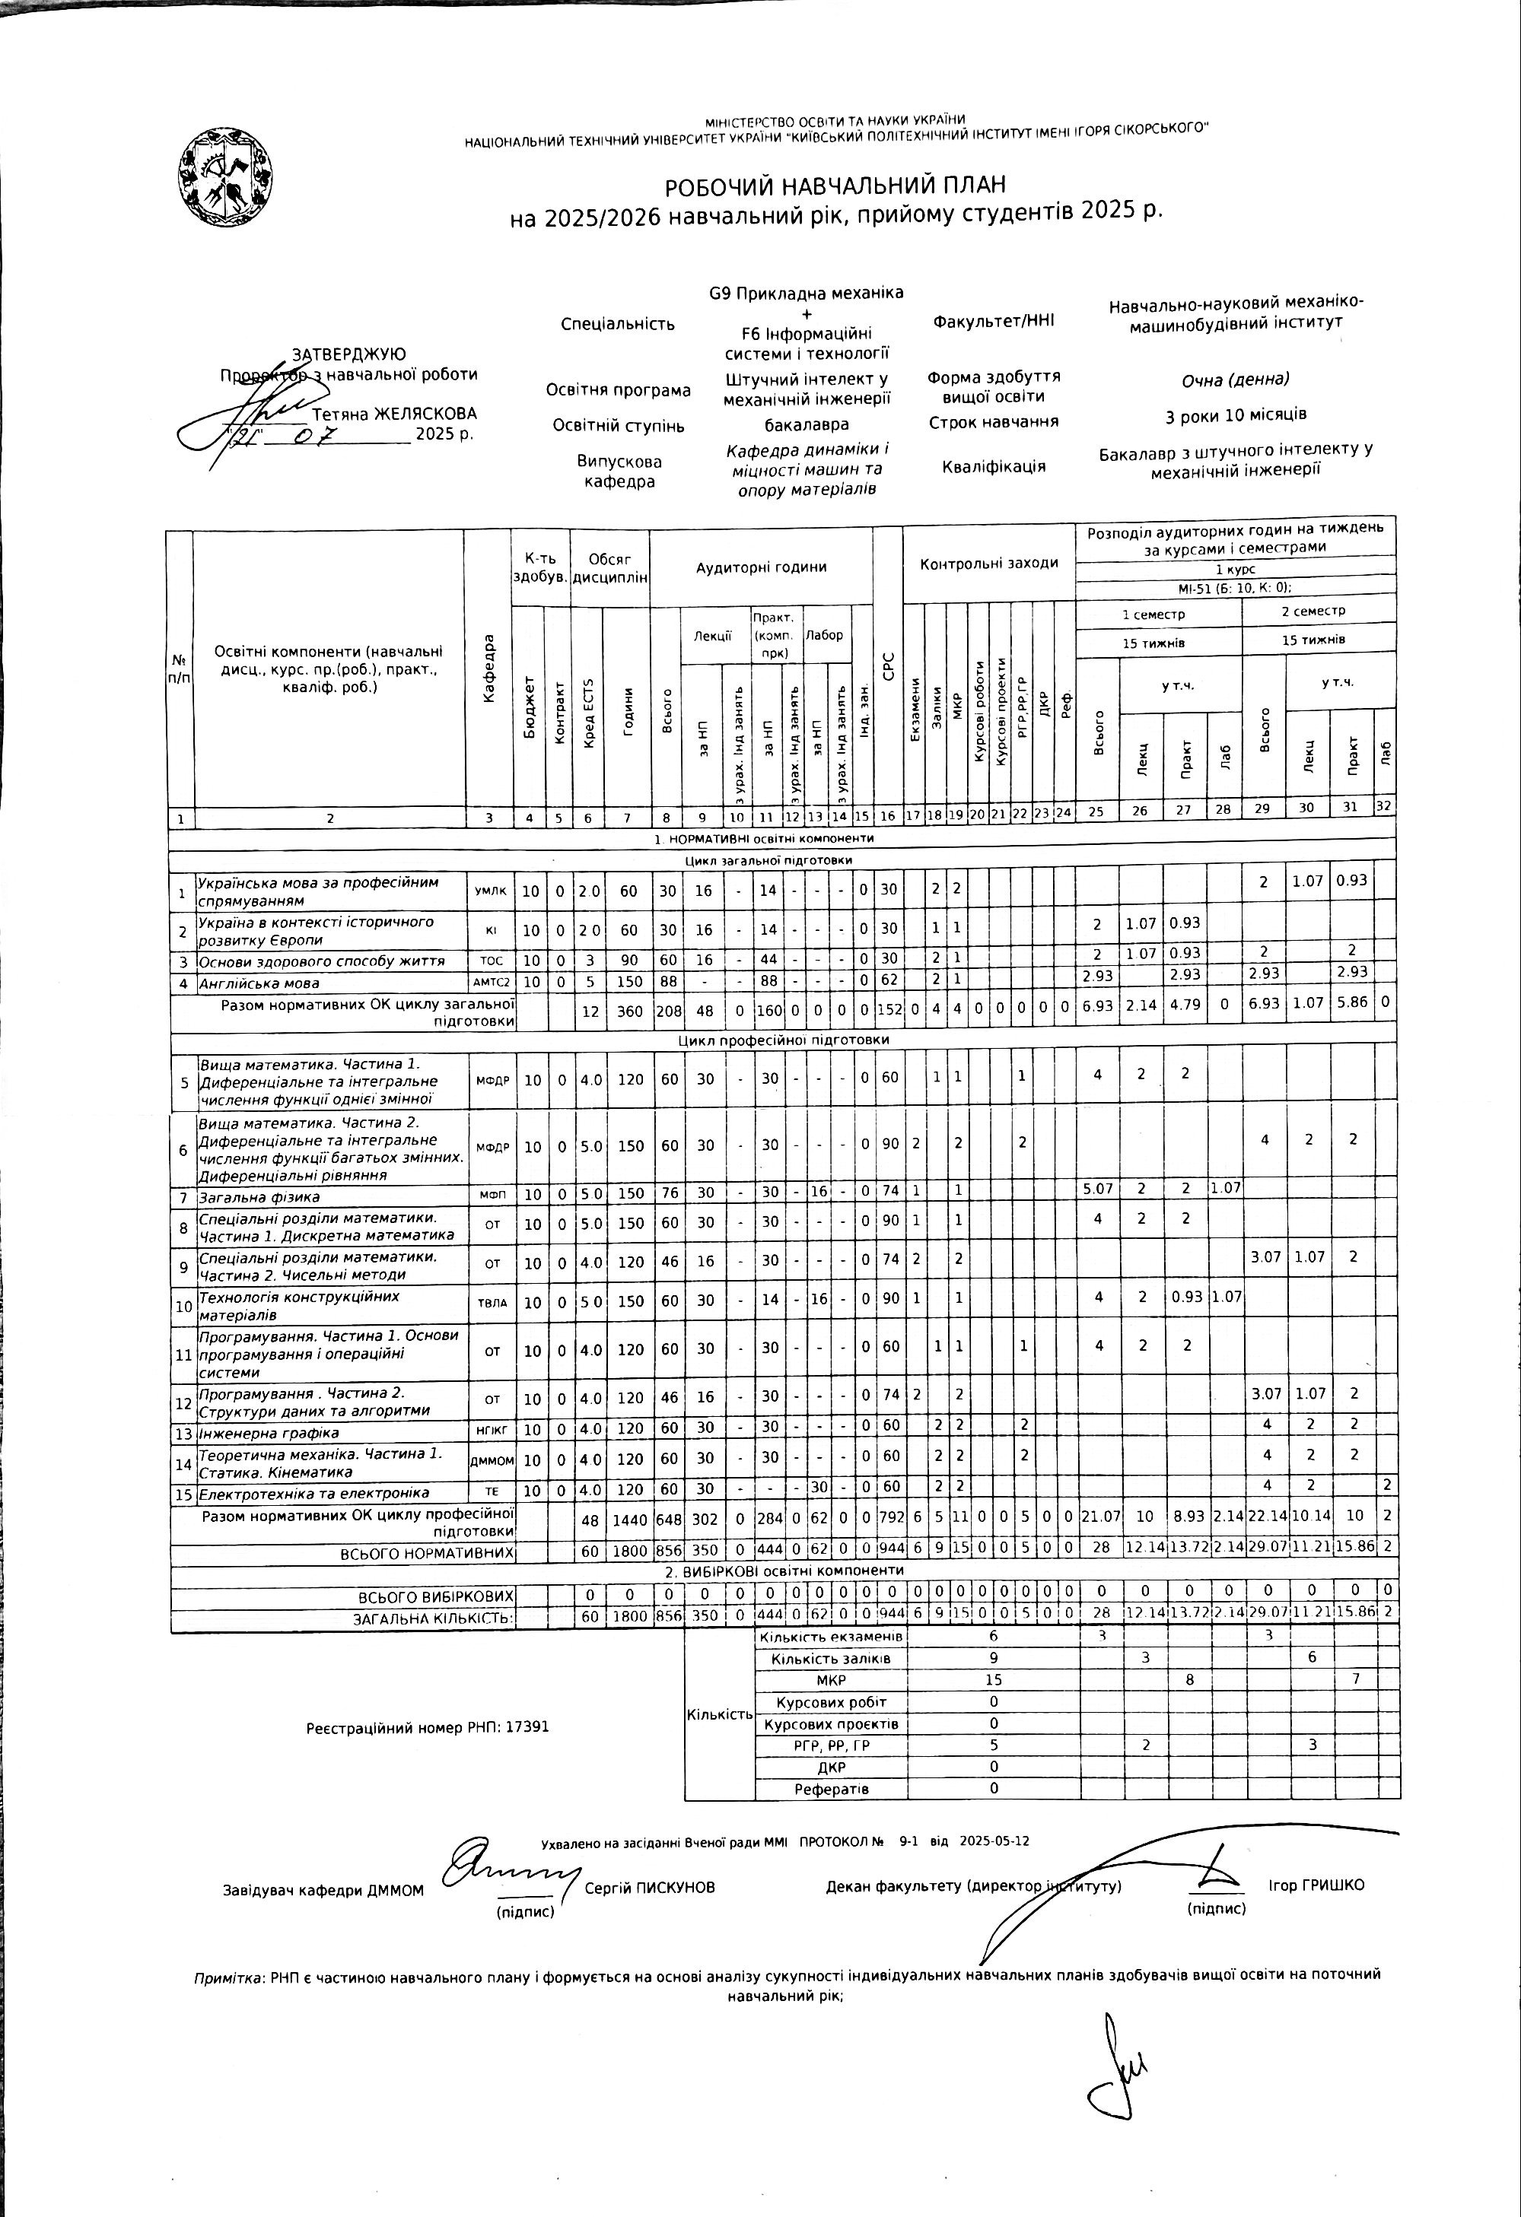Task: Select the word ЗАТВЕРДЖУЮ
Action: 348,355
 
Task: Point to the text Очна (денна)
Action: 1235,380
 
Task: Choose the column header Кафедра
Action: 489,668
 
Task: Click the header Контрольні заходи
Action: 988,563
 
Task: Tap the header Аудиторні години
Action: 761,567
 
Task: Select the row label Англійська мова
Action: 259,983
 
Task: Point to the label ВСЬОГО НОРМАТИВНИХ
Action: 427,1553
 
